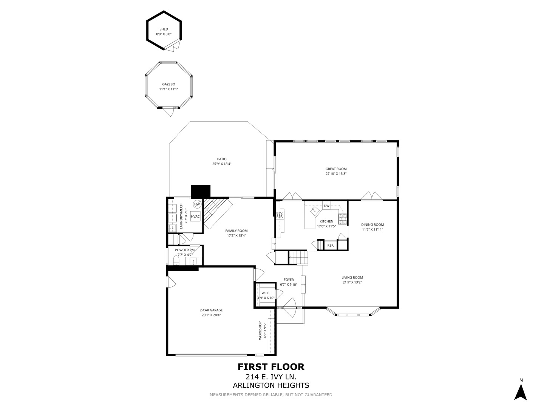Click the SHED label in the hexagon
(x=164, y=29)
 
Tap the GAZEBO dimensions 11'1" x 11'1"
(x=168, y=90)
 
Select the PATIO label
(x=222, y=159)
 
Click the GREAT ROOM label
(x=336, y=169)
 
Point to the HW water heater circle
(x=197, y=204)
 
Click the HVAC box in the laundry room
(x=195, y=216)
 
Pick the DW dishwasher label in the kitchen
(x=326, y=206)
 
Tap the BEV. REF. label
(x=280, y=215)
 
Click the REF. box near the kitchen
(x=331, y=246)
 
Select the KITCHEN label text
(x=326, y=221)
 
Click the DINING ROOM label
(x=372, y=224)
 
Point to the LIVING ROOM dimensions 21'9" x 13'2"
(x=352, y=282)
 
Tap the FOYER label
(x=289, y=280)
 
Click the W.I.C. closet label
(x=266, y=293)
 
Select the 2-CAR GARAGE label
(x=211, y=310)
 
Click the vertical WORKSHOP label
(x=260, y=331)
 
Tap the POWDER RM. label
(x=185, y=250)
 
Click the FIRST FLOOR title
(x=271, y=367)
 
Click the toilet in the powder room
(x=175, y=260)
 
